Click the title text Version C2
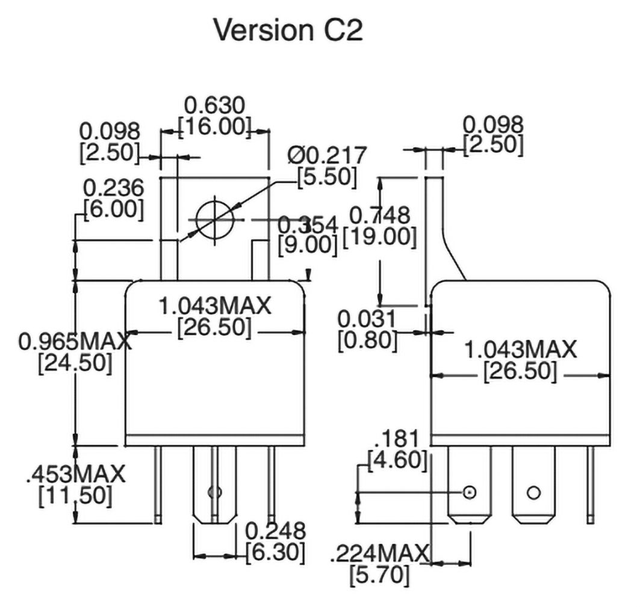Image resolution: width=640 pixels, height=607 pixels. tap(288, 31)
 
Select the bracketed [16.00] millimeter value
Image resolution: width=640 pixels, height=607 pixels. tap(215, 127)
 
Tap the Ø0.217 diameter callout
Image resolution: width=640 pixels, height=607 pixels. tap(327, 155)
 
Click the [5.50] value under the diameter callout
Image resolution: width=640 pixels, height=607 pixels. tap(327, 177)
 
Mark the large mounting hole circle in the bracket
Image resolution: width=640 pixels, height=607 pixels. tap(214, 219)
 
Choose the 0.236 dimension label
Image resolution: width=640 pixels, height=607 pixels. tap(114, 188)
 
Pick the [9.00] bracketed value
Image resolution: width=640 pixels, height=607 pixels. tap(308, 244)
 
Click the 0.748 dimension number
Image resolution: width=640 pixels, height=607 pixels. tap(379, 215)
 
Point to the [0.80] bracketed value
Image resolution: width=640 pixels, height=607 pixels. tap(367, 340)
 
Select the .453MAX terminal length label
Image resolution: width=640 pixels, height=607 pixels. tap(75, 474)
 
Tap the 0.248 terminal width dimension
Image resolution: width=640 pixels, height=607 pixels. tap(276, 531)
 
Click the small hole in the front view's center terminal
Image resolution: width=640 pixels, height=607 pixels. tap(211, 493)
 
